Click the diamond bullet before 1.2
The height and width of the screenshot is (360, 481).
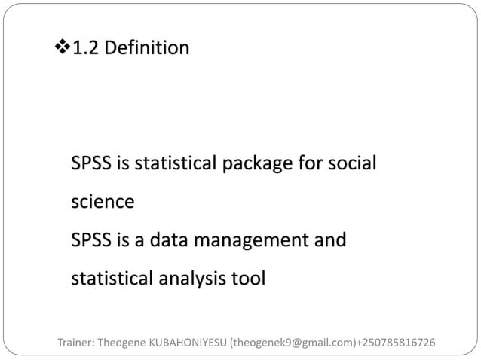pyautogui.click(x=62, y=50)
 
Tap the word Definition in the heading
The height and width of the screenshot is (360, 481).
pyautogui.click(x=147, y=50)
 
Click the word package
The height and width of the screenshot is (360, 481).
pyautogui.click(x=250, y=163)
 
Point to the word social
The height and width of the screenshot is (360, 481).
pyautogui.click(x=351, y=163)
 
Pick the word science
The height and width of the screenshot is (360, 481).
pyautogui.click(x=103, y=203)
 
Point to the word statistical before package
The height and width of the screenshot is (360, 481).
pyautogui.click(x=167, y=163)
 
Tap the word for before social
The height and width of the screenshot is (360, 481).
pyautogui.click(x=303, y=163)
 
